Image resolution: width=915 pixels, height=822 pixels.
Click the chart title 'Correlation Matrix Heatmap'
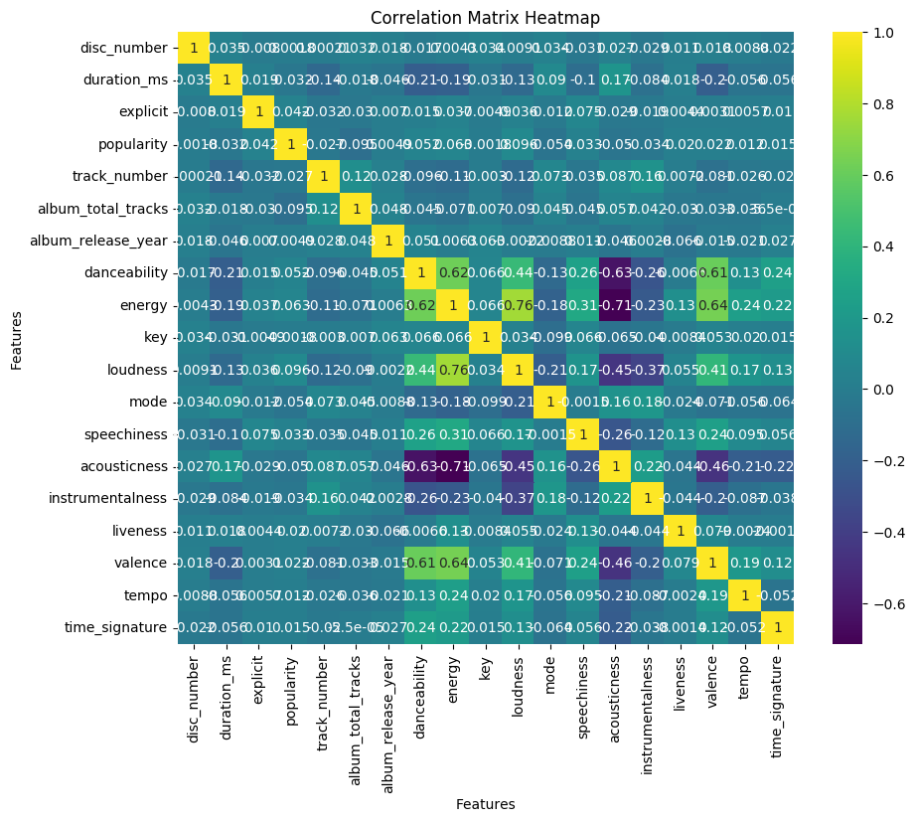[x=485, y=18]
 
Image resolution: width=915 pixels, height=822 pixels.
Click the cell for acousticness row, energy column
[x=453, y=466]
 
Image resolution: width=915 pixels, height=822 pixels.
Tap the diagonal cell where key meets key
[x=486, y=337]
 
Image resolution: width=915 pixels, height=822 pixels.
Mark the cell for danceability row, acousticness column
[x=615, y=272]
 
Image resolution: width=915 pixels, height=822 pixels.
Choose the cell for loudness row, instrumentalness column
[x=648, y=370]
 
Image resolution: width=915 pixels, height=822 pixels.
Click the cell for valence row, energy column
[x=453, y=563]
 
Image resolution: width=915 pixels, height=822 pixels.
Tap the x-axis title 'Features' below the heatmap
[x=485, y=804]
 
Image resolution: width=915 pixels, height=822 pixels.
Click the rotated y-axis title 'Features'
[x=17, y=338]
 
